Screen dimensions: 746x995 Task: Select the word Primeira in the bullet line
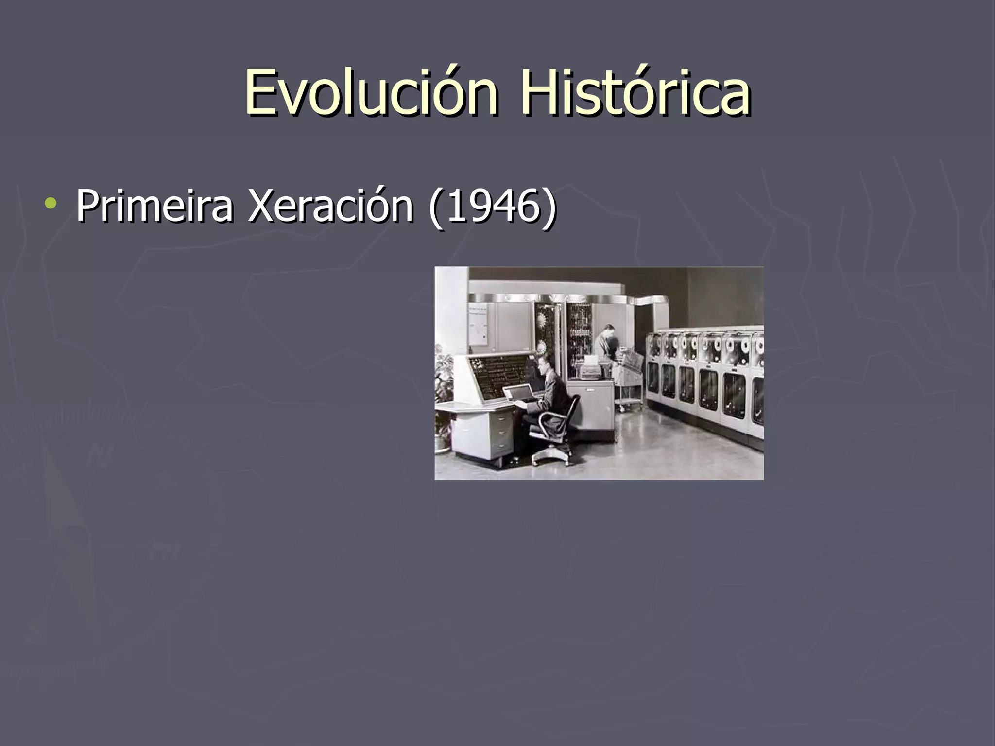click(154, 206)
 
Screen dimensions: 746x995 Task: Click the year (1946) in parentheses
click(492, 206)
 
